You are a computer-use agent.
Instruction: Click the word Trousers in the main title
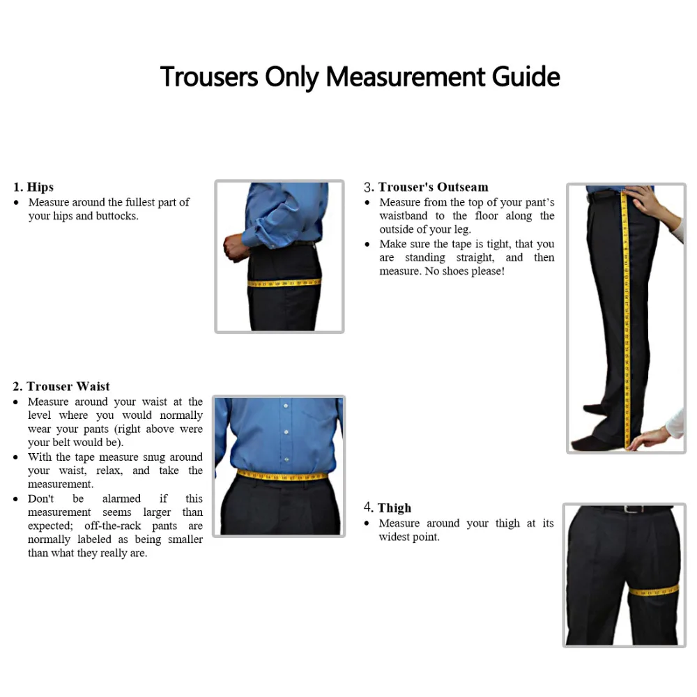[x=209, y=76]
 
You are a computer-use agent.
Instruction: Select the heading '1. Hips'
[x=33, y=187]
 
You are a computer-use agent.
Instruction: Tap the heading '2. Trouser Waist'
[x=61, y=386]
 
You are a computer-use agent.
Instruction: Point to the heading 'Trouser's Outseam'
[x=433, y=187]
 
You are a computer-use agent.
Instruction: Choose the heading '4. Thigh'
[x=388, y=507]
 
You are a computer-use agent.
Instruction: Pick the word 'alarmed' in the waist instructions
[x=121, y=498]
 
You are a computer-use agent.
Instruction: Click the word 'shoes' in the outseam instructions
[x=453, y=271]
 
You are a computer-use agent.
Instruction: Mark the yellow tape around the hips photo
[x=284, y=283]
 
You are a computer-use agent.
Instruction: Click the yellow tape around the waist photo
[x=282, y=477]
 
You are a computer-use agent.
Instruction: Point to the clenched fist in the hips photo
[x=232, y=247]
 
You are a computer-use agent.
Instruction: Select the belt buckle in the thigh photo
[x=631, y=510]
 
